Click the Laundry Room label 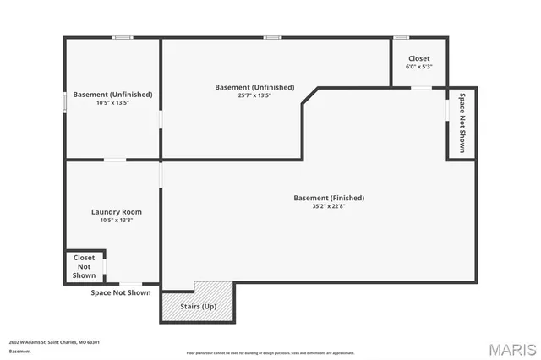coord(117,211)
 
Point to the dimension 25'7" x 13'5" coord(254,95)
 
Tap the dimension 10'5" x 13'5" coord(112,102)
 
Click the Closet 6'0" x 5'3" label coord(418,62)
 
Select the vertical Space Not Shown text coord(462,123)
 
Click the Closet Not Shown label coord(84,266)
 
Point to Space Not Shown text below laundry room coord(121,292)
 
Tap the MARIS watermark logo coord(511,349)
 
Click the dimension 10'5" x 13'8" coord(117,220)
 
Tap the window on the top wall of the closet coord(402,37)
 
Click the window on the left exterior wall coord(65,101)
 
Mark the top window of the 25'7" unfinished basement coord(272,37)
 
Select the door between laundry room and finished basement coord(161,173)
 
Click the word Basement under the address coord(19,351)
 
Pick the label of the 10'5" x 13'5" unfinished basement coord(112,95)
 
